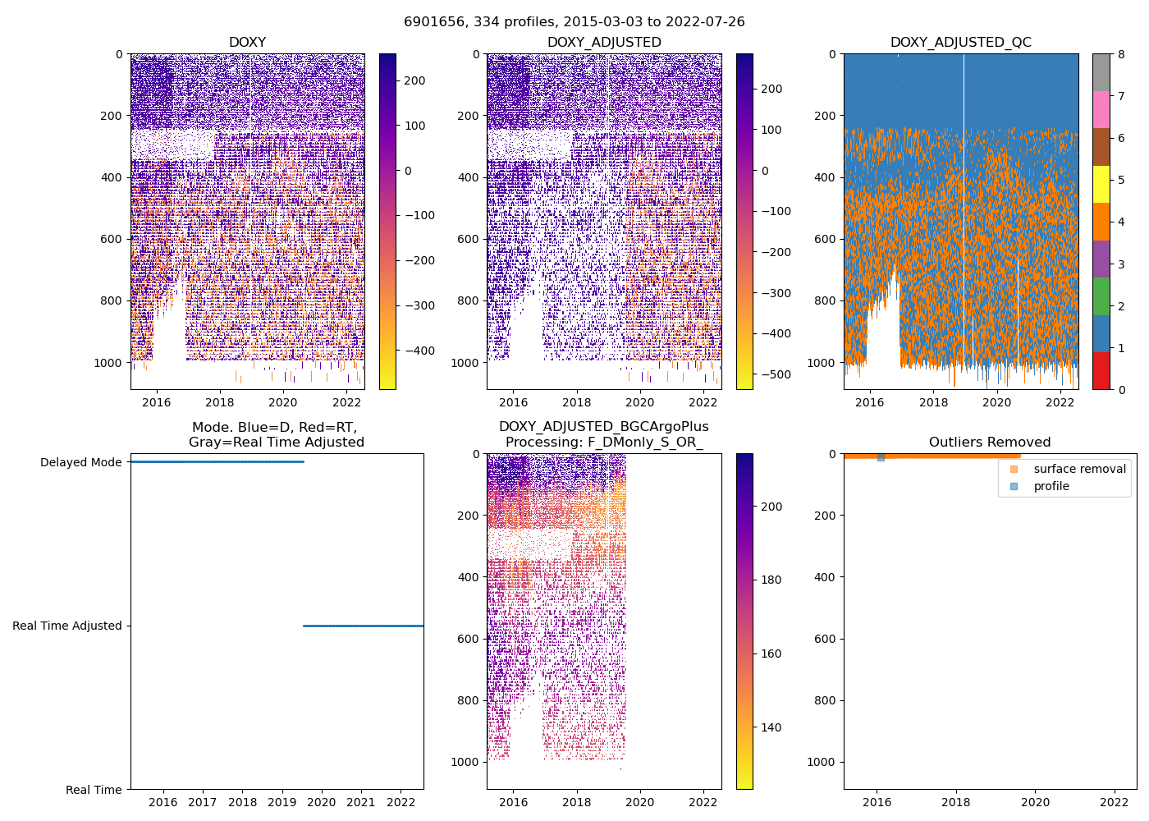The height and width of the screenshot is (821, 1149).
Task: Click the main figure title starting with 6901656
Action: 574,22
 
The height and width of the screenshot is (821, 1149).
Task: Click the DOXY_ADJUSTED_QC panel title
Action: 960,43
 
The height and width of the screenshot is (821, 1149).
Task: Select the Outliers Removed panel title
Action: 989,443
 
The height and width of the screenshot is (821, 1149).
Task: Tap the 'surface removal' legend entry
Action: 1079,469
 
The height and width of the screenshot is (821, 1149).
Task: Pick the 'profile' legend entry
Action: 1051,486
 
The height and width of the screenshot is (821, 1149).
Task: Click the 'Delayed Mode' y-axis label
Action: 80,462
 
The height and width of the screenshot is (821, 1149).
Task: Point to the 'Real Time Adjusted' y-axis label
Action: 67,626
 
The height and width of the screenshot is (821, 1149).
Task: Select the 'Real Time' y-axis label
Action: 94,790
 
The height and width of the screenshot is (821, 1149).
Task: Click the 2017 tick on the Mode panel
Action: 203,802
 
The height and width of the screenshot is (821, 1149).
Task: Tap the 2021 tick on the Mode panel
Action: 361,802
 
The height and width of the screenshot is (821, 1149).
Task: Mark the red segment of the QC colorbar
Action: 1101,370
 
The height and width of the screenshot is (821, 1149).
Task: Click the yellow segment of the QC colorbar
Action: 1101,184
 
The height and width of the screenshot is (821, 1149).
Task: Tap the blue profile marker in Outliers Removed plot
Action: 881,457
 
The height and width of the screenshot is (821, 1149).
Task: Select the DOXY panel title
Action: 247,43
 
